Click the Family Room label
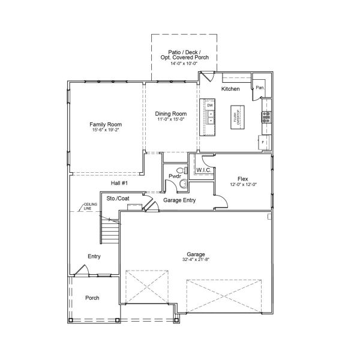(x=102, y=124)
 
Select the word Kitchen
(x=230, y=89)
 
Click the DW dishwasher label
(x=211, y=106)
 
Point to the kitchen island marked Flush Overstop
(x=236, y=116)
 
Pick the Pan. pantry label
(x=260, y=88)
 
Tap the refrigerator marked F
(x=264, y=142)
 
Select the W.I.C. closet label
(x=202, y=170)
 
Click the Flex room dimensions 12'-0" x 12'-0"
(x=243, y=185)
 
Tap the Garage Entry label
(x=179, y=201)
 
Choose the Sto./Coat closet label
(x=118, y=197)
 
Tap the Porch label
(x=92, y=298)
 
